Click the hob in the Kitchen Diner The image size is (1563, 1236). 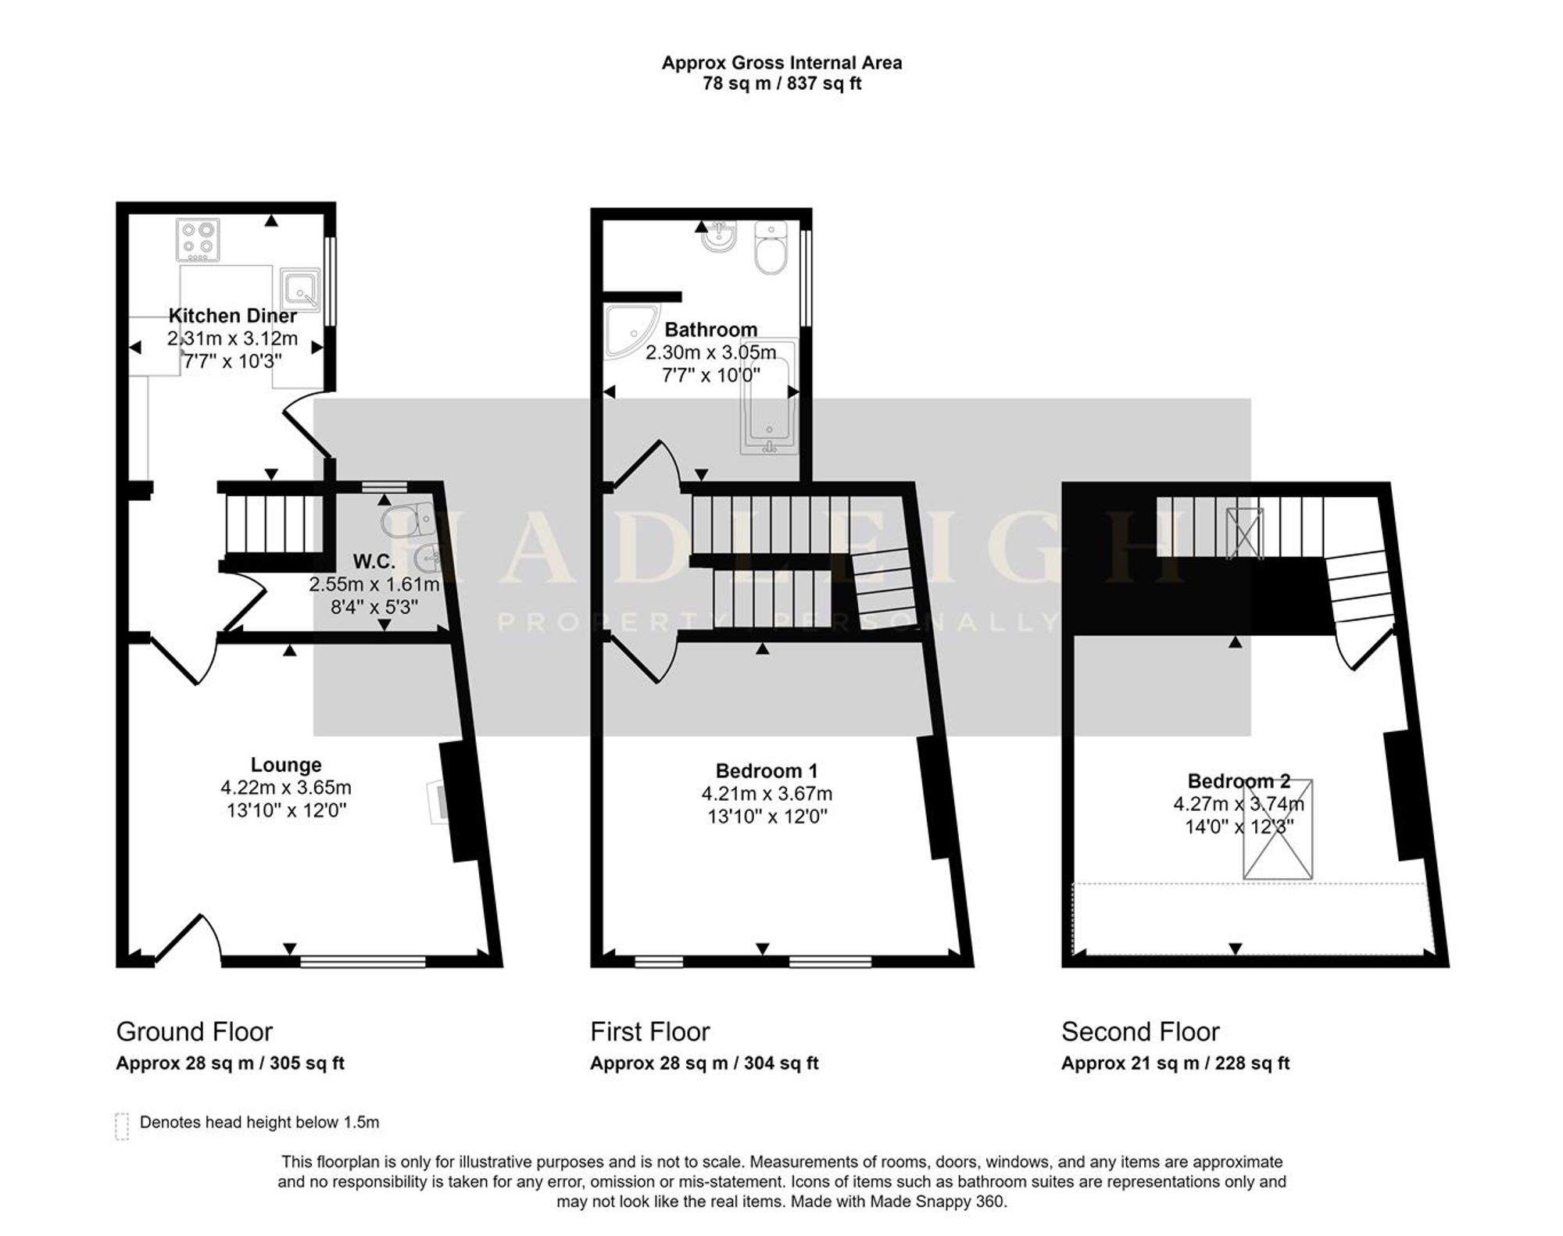click(x=198, y=240)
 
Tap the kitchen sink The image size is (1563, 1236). click(x=300, y=289)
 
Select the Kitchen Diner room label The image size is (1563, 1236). click(x=233, y=316)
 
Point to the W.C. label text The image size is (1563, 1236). click(x=374, y=561)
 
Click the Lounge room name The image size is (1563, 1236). click(x=286, y=765)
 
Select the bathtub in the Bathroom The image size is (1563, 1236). click(x=769, y=396)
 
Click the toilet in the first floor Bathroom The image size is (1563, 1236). click(x=771, y=248)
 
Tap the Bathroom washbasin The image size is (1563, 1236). click(x=719, y=237)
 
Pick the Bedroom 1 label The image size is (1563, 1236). click(x=767, y=771)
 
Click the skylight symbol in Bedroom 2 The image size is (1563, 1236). click(x=1278, y=829)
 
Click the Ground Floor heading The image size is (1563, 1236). click(x=195, y=1031)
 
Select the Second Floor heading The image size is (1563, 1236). click(x=1140, y=1031)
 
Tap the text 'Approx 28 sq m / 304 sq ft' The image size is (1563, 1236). click(x=704, y=1063)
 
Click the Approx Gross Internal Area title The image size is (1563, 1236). click(x=781, y=63)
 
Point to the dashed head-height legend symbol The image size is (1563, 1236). click(x=122, y=1126)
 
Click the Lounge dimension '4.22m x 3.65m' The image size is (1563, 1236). click(x=286, y=788)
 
